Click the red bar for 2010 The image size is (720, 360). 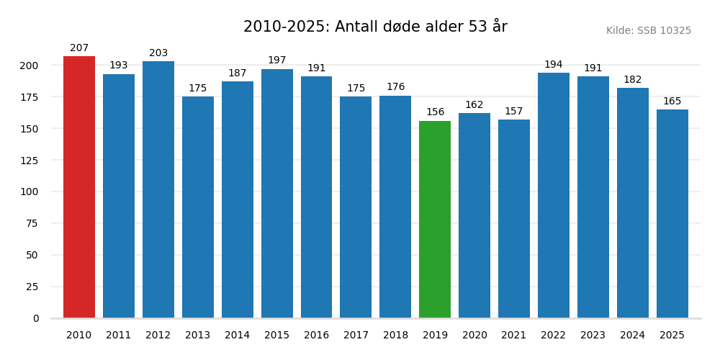point(79,187)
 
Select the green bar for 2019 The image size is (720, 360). point(435,220)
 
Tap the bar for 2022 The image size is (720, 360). point(554,195)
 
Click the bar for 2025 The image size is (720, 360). point(672,214)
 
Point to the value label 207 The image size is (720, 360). point(79,48)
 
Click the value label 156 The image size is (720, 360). point(435,112)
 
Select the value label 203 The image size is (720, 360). point(158,53)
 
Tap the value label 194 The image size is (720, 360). point(554,65)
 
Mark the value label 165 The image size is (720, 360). point(672,102)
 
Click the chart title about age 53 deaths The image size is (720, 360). point(375,27)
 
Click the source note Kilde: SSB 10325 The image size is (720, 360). point(648,31)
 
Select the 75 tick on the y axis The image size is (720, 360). point(32,223)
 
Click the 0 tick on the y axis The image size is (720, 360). point(36,318)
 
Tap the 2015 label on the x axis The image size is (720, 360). point(277,336)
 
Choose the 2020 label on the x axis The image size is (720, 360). point(474,336)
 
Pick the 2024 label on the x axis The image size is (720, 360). point(632,336)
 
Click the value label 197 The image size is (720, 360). point(277,60)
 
